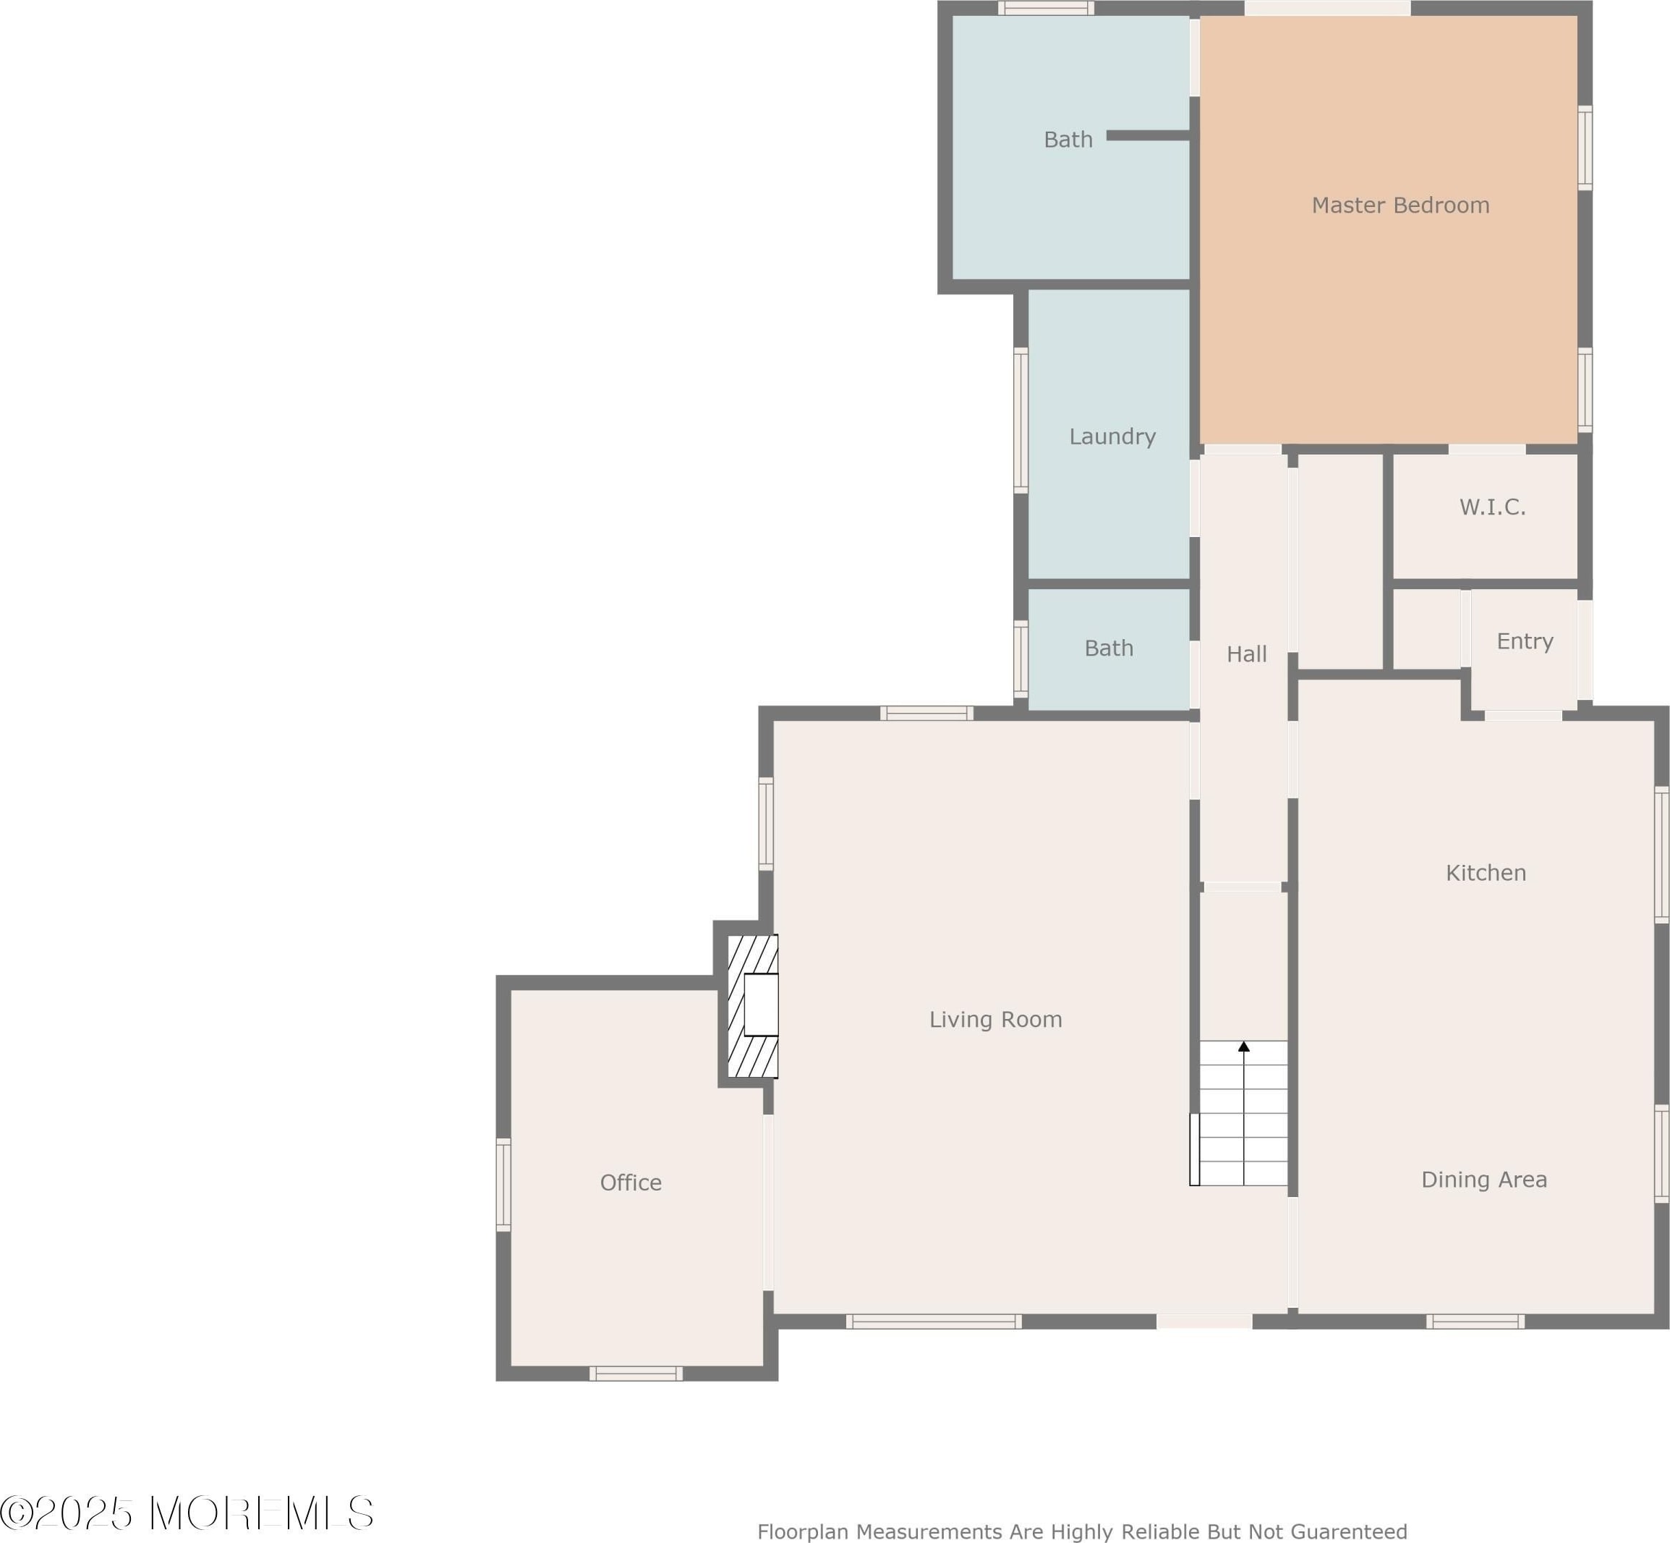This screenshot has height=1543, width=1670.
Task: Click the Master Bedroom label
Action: point(1400,206)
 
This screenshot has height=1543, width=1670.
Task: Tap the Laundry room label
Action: point(1112,436)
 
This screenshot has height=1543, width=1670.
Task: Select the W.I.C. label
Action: point(1492,507)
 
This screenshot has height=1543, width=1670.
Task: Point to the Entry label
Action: point(1524,641)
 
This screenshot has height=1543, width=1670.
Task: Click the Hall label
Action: point(1246,654)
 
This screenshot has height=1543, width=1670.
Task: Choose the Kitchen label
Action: point(1486,873)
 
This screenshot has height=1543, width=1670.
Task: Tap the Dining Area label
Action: point(1484,1179)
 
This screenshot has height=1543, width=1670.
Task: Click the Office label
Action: point(630,1183)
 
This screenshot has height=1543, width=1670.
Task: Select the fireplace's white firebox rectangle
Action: point(760,1005)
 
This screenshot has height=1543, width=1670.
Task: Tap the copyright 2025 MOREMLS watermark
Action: point(186,1512)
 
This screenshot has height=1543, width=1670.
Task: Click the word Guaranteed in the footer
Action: point(1349,1531)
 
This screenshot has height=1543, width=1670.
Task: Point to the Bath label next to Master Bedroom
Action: point(1068,140)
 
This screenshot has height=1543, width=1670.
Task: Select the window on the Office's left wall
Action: point(503,1184)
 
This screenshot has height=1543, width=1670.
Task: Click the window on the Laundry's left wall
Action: point(1021,420)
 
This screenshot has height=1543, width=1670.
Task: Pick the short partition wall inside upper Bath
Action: point(1148,135)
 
